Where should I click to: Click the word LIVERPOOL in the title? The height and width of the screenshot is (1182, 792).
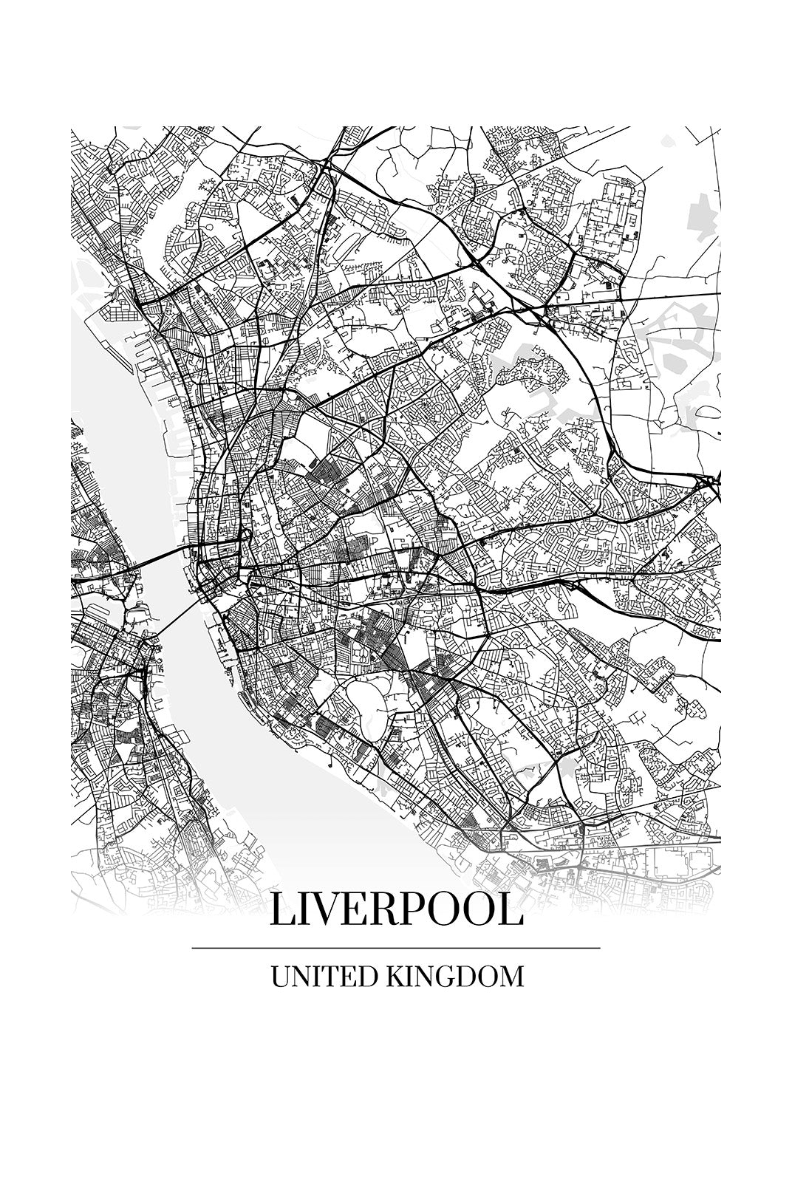(x=396, y=910)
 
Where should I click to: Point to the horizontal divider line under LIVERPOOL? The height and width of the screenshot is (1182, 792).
(x=396, y=948)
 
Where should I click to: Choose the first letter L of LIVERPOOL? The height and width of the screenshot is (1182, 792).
(x=281, y=910)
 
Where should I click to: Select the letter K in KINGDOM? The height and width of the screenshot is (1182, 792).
(x=393, y=977)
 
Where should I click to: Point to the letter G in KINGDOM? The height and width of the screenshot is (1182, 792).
(x=441, y=977)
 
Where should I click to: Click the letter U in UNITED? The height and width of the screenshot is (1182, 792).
(x=279, y=977)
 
